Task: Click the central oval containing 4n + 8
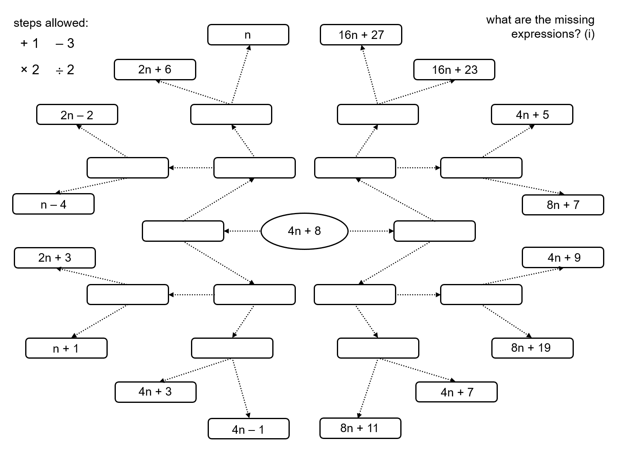point(304,231)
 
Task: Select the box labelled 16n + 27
point(361,35)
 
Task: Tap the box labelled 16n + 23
point(454,70)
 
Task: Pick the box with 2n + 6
point(154,70)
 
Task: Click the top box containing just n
point(248,35)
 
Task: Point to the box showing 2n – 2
point(77,115)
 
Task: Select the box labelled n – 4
point(53,204)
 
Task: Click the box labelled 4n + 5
point(532,115)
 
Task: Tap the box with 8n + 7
point(562,205)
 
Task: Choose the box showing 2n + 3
point(55,258)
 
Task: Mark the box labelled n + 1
point(66,349)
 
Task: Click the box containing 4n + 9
point(562,258)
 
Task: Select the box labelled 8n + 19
point(532,348)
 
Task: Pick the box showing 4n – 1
point(248,429)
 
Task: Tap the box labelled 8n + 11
point(360,428)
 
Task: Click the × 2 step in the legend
point(30,70)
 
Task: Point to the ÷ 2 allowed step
point(65,70)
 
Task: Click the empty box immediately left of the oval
point(183,231)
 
